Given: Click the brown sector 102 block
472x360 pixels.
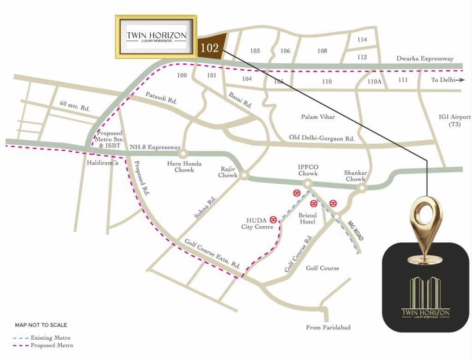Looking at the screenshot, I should click(x=212, y=47).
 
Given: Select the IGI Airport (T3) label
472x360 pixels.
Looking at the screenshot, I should click(x=455, y=121).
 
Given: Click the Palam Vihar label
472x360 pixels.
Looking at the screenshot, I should click(x=318, y=117).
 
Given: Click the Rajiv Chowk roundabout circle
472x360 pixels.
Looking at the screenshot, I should click(x=244, y=175).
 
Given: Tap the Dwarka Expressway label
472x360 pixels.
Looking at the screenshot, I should click(x=425, y=59).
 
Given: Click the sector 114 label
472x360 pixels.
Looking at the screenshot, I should click(x=362, y=40).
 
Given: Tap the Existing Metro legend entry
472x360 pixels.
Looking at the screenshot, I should click(x=44, y=338).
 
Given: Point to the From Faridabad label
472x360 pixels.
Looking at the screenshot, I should click(x=328, y=328).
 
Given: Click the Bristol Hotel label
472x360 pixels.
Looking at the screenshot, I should click(x=307, y=218).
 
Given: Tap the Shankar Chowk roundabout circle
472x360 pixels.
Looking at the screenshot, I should click(x=363, y=188).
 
